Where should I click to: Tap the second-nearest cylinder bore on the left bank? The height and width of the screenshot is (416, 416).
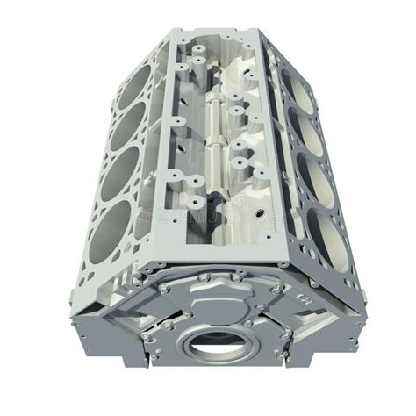point(116,169)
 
